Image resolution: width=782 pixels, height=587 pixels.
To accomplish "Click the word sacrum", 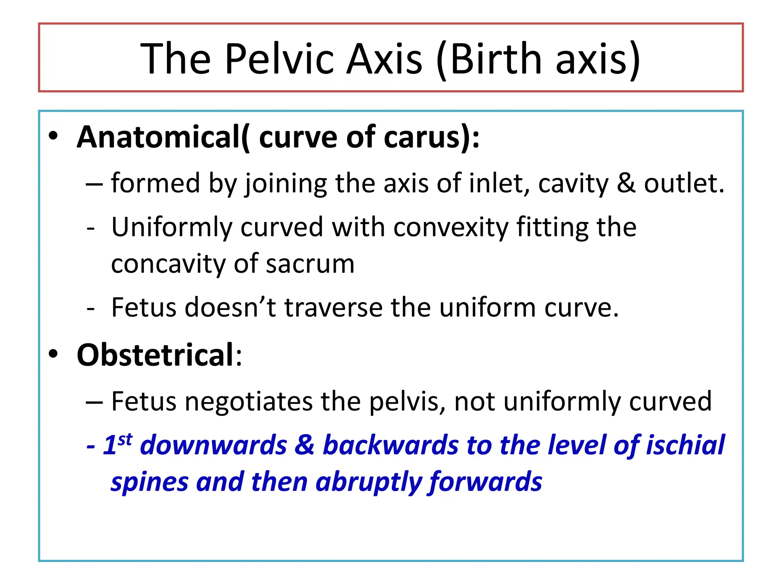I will [x=310, y=264].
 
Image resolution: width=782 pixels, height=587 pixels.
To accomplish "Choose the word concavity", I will [x=168, y=264].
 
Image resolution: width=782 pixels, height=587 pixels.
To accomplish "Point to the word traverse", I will [x=334, y=308].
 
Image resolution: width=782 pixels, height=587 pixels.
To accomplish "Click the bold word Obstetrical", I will [x=155, y=355].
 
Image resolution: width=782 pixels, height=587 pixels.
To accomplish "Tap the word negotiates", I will [x=249, y=402].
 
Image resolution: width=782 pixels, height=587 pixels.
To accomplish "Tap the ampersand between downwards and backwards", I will [x=305, y=446].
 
